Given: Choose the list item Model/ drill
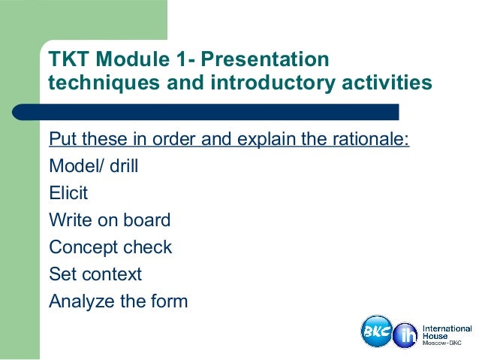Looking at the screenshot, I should point(93,167).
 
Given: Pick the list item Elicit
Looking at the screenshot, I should point(68,194).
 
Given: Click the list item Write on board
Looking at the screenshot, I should point(110,221).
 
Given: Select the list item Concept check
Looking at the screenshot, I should point(110,247).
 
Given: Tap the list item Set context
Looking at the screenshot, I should point(95,274).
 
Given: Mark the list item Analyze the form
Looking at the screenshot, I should point(118,301).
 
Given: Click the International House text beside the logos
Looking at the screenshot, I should point(447,331).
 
